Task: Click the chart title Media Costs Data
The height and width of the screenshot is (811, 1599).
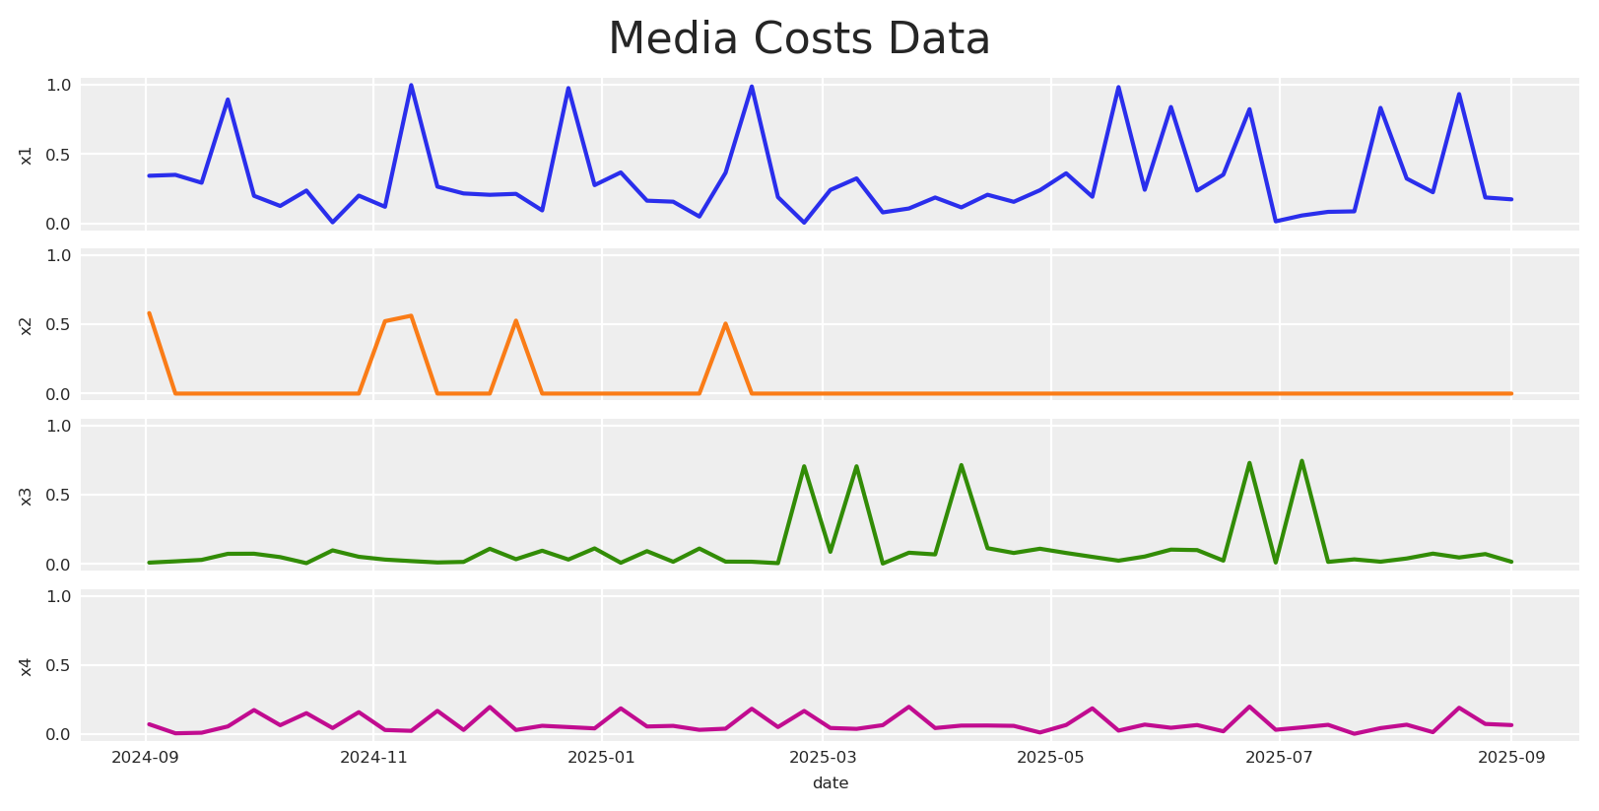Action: pyautogui.click(x=799, y=39)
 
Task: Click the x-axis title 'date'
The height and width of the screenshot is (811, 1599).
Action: pyautogui.click(x=830, y=783)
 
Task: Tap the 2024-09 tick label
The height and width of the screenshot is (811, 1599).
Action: pyautogui.click(x=145, y=758)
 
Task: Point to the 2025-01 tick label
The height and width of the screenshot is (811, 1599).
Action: pyautogui.click(x=601, y=758)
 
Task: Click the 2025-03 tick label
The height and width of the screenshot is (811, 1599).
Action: pyautogui.click(x=824, y=758)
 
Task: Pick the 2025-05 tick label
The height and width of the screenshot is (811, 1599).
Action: pyautogui.click(x=1050, y=758)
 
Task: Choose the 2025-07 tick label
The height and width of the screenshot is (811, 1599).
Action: pyautogui.click(x=1278, y=758)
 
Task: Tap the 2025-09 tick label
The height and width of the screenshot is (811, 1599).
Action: pyautogui.click(x=1510, y=758)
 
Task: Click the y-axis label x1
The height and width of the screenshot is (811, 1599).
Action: pyautogui.click(x=27, y=155)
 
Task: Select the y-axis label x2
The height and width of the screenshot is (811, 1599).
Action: pyautogui.click(x=27, y=325)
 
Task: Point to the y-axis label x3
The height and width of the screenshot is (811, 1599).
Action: pyautogui.click(x=27, y=496)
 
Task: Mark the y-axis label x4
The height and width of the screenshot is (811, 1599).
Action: pyautogui.click(x=27, y=666)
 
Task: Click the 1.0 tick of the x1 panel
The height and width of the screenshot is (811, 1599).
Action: pyautogui.click(x=59, y=86)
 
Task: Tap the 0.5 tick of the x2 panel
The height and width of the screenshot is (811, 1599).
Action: pyautogui.click(x=59, y=325)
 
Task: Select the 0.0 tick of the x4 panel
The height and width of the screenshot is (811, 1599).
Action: pyautogui.click(x=59, y=735)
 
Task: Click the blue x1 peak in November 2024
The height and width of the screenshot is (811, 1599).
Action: pyautogui.click(x=411, y=85)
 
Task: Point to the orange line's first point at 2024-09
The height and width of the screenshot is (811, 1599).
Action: pyautogui.click(x=149, y=313)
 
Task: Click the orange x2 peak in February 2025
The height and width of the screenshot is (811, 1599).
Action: pyautogui.click(x=725, y=323)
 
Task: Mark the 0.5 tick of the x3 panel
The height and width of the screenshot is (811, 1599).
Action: pyautogui.click(x=59, y=496)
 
